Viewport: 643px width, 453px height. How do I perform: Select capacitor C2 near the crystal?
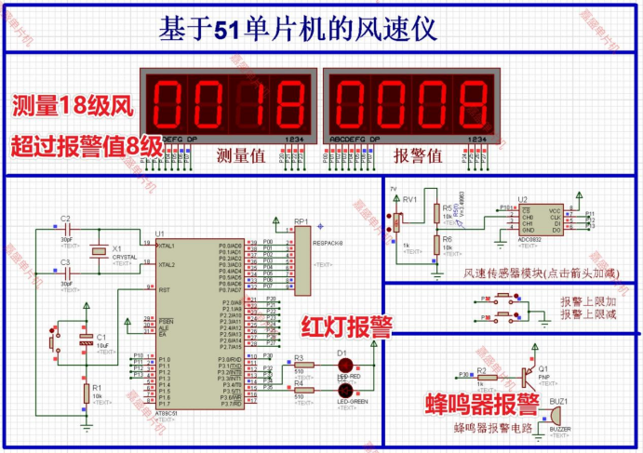pos(65,229)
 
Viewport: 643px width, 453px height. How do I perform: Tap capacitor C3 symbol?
pos(65,274)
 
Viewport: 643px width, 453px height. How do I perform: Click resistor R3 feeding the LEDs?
pos(299,366)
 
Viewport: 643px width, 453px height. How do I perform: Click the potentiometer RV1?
pos(399,221)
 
